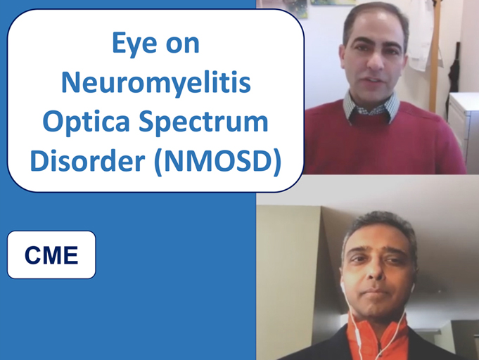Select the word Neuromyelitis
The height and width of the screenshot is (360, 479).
tap(155, 84)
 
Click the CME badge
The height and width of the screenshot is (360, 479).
tap(51, 255)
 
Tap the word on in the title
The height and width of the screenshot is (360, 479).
tap(182, 44)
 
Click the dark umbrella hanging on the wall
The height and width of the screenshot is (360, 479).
tap(454, 77)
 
